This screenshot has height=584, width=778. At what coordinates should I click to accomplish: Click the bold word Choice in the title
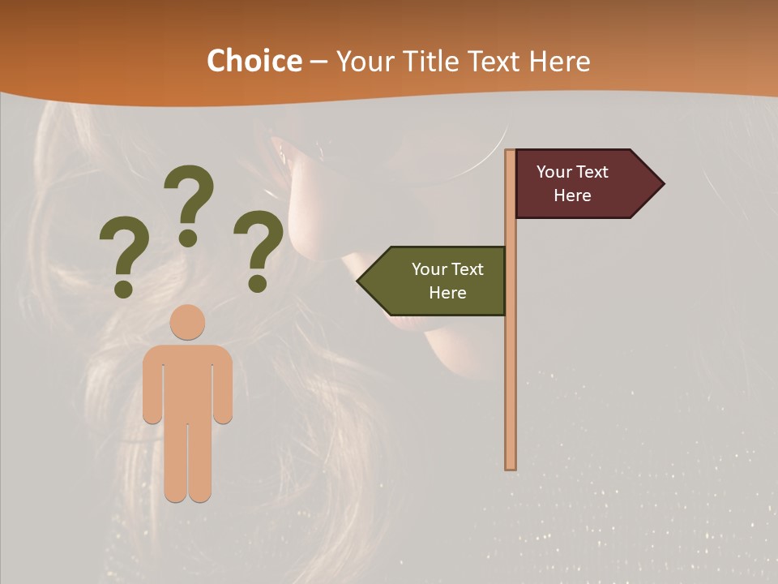254,61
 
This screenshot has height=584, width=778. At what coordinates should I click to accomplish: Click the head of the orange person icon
187,322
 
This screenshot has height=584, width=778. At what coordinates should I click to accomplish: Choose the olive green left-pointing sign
438,281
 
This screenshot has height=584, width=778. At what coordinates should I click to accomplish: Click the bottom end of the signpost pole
511,466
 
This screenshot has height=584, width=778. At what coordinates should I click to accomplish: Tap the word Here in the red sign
572,195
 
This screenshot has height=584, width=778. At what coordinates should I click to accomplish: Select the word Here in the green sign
447,293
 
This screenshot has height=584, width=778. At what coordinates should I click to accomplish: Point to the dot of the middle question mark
188,238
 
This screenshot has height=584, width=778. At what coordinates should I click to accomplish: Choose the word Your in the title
365,61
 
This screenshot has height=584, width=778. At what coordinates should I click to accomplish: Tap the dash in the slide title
318,62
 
